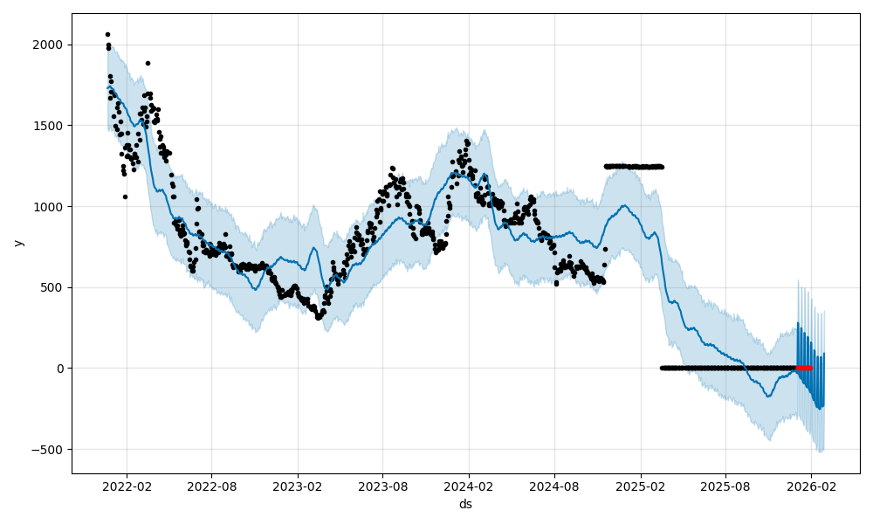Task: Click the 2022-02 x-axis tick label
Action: click(x=127, y=486)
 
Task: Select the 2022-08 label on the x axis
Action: click(x=212, y=486)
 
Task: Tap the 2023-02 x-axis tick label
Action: click(x=298, y=486)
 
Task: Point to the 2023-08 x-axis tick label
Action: click(x=382, y=486)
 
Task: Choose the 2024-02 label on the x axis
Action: click(x=469, y=486)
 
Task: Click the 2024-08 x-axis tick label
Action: click(x=553, y=486)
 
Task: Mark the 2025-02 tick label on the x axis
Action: click(x=640, y=486)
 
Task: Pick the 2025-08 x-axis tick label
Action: click(x=725, y=486)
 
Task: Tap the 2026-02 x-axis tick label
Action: click(x=811, y=486)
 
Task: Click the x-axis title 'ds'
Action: click(x=465, y=504)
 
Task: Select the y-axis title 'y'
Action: click(x=17, y=243)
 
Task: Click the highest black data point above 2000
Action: click(x=107, y=34)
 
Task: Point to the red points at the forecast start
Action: click(x=804, y=368)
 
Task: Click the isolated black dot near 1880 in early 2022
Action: click(x=148, y=63)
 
